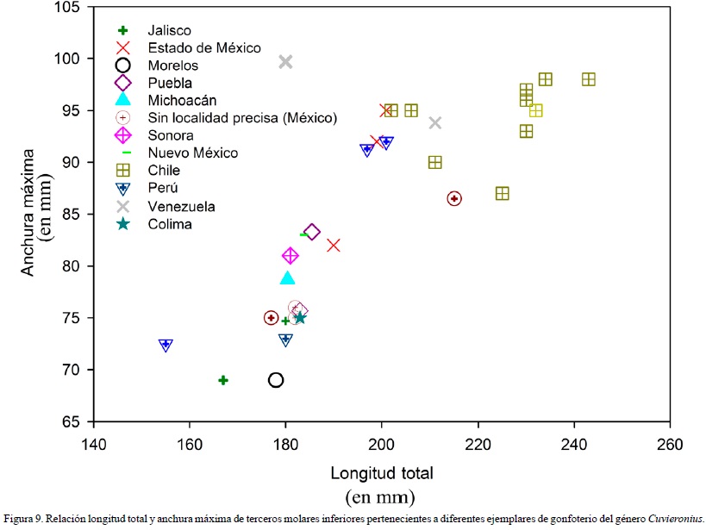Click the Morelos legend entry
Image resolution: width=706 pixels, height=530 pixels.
pyautogui.click(x=172, y=65)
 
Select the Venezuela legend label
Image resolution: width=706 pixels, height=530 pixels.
pyautogui.click(x=181, y=207)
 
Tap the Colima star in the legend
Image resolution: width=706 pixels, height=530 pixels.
pyautogui.click(x=123, y=224)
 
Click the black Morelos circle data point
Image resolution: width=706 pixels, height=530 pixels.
pyautogui.click(x=276, y=380)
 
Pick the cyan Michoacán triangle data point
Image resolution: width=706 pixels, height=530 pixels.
pyautogui.click(x=288, y=277)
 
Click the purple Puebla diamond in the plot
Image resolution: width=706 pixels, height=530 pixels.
pyautogui.click(x=312, y=232)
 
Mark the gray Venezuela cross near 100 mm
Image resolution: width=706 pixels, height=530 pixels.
pyautogui.click(x=285, y=61)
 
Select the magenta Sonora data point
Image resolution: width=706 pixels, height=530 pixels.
pyautogui.click(x=291, y=256)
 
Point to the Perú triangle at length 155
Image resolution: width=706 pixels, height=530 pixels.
pyautogui.click(x=166, y=345)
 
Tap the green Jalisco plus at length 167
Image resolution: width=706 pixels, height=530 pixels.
pyautogui.click(x=223, y=380)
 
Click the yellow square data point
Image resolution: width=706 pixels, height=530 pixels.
pyautogui.click(x=535, y=110)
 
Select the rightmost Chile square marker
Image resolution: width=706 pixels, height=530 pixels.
pyautogui.click(x=589, y=79)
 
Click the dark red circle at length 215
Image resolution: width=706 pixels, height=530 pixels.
pyautogui.click(x=454, y=198)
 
